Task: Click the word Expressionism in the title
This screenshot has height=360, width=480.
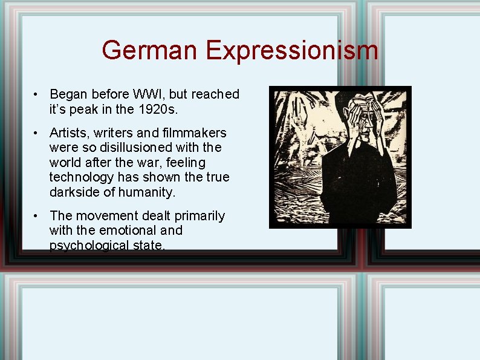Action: click(292, 50)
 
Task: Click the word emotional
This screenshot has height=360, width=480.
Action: click(126, 231)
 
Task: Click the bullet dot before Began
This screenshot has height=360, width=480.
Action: click(37, 95)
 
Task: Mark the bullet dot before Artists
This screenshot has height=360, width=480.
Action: click(37, 133)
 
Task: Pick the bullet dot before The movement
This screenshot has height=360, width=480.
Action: click(37, 216)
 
